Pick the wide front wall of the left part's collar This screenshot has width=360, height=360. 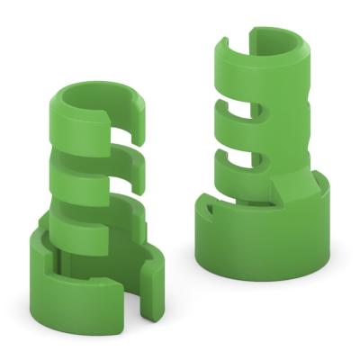(76, 288)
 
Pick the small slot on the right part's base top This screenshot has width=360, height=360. (209, 208)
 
